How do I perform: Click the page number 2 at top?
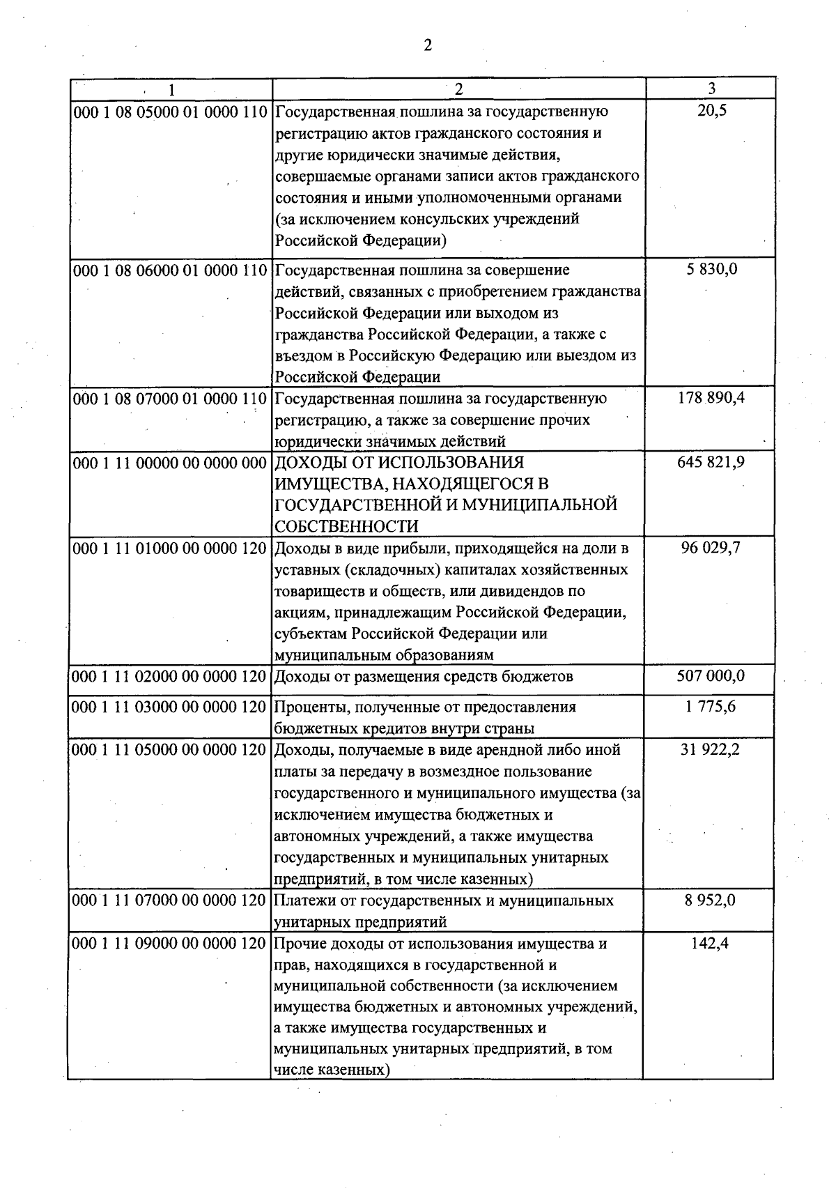427,46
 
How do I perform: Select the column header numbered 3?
711,88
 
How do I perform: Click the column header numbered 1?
171,89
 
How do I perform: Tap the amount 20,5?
711,112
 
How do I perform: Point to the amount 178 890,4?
711,399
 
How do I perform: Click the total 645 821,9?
711,462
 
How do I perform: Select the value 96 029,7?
711,548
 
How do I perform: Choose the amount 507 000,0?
711,676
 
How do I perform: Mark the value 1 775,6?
711,707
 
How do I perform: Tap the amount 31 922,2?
711,750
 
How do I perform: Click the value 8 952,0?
711,900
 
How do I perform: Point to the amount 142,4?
711,944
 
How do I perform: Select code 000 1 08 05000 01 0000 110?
170,112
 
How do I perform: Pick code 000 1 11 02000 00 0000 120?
170,677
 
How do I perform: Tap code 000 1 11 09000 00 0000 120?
170,944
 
